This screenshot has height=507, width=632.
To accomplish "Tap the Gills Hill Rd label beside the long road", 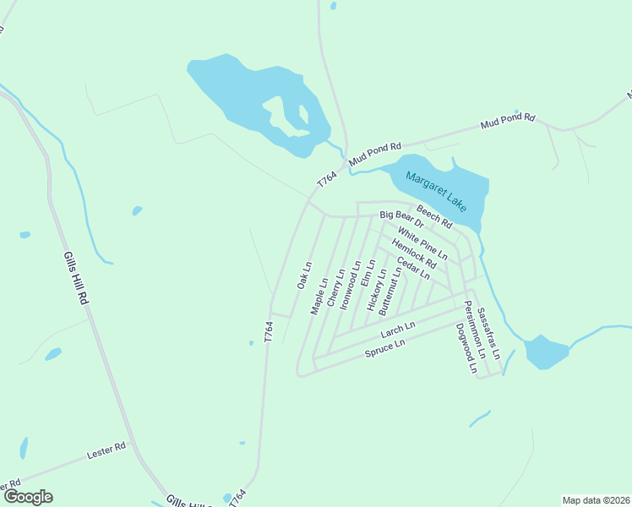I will tap(75, 278).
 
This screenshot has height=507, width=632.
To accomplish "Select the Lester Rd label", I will tap(106, 453).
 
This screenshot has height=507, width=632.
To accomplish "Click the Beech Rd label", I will tap(434, 218).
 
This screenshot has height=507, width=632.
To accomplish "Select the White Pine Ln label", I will tap(422, 243).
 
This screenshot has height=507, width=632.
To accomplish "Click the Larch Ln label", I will tap(398, 331).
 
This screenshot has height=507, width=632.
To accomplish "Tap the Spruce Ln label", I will tap(384, 348).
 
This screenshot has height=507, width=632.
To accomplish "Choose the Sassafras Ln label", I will tap(488, 334).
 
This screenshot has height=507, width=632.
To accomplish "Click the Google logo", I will tap(28, 497).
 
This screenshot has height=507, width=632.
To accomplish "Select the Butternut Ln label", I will tap(390, 292).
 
